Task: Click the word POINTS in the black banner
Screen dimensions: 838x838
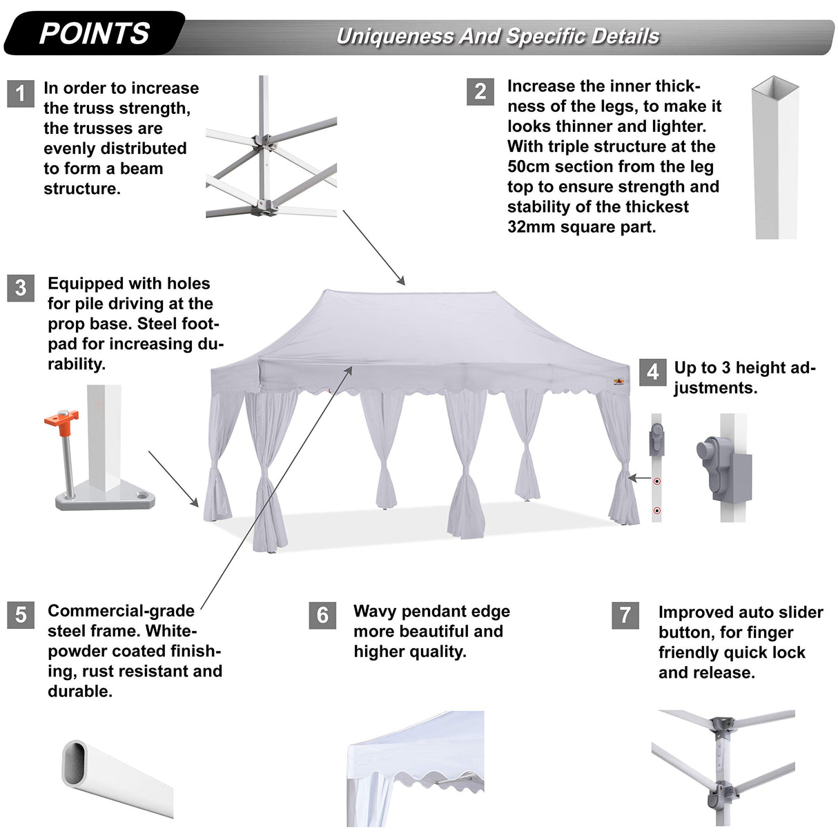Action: point(95,33)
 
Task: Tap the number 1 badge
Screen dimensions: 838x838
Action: point(21,93)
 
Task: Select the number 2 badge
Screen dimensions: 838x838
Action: point(480,92)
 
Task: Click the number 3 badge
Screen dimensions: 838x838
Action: point(21,288)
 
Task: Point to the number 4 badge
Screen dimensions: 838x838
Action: point(652,372)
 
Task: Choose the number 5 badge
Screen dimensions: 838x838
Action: point(21,614)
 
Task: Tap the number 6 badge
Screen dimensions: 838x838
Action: point(322,615)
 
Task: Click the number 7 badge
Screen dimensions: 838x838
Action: point(625,615)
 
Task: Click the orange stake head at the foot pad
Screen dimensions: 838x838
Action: point(61,418)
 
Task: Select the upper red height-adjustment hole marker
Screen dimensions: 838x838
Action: point(657,481)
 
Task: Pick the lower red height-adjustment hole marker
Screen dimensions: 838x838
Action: point(657,511)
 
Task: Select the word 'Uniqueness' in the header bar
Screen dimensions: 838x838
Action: point(395,37)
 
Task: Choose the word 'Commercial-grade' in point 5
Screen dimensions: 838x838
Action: point(121,611)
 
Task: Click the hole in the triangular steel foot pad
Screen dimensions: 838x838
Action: point(142,495)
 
